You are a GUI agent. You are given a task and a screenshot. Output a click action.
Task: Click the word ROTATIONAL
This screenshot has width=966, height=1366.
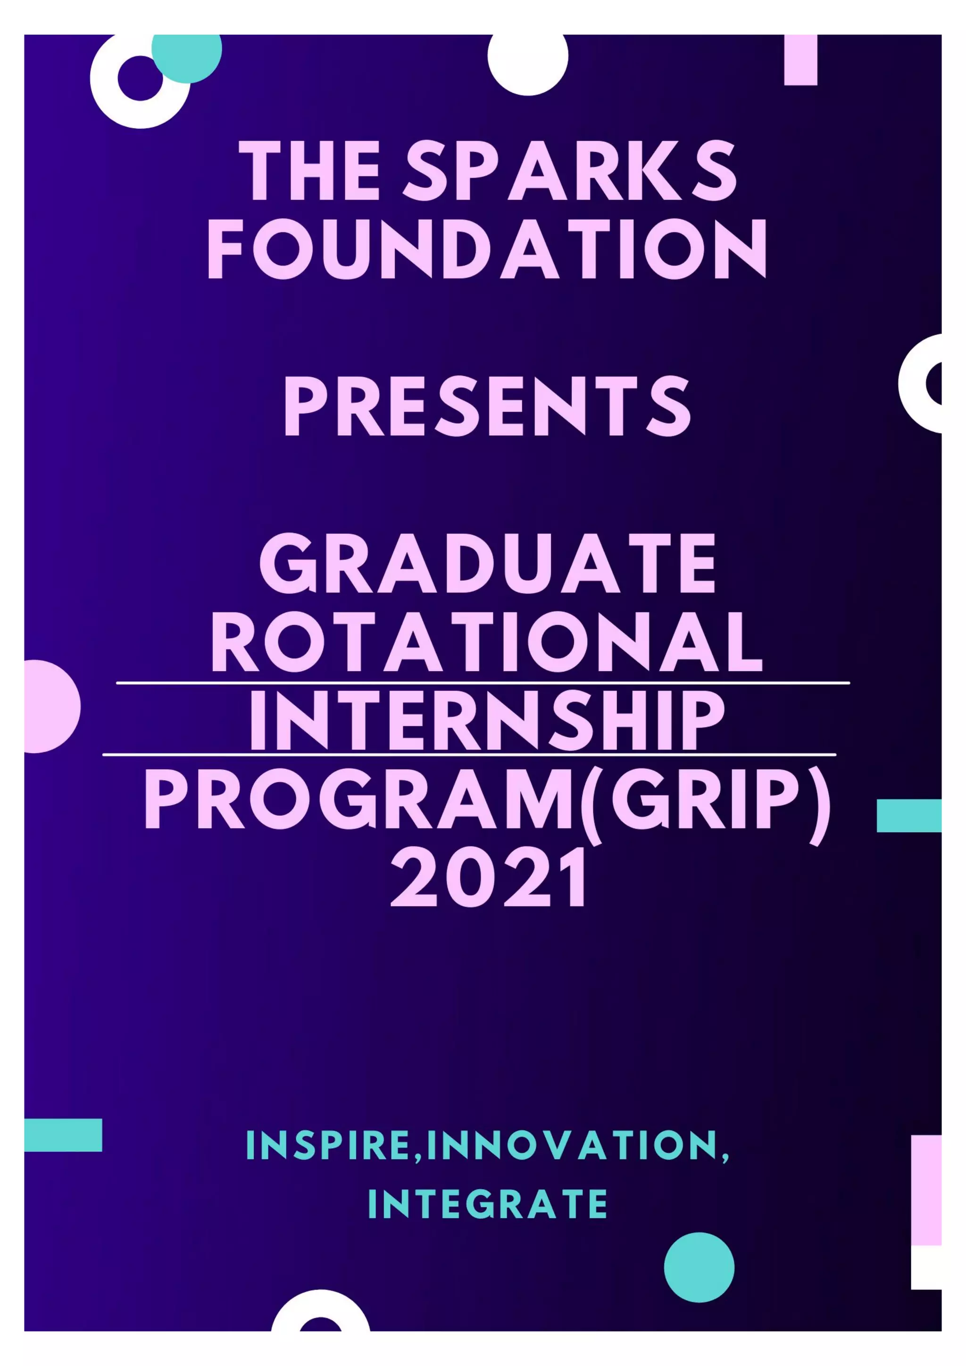pyautogui.click(x=487, y=642)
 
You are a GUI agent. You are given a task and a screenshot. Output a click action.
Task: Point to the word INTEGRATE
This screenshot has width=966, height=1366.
pyautogui.click(x=487, y=1205)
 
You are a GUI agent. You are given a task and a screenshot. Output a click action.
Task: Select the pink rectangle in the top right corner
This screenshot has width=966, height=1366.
pyautogui.click(x=800, y=59)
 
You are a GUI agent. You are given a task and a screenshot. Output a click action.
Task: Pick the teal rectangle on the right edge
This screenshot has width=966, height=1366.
pyautogui.click(x=908, y=815)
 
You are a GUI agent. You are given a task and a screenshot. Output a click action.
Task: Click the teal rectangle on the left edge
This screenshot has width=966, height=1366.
pyautogui.click(x=63, y=1135)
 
